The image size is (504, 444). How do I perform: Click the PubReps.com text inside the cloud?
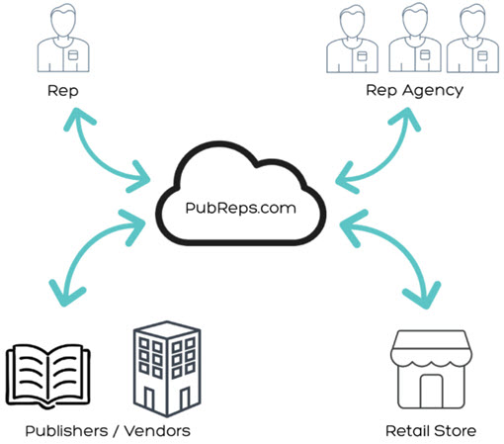pos(240,209)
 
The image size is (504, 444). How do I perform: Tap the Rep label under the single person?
pos(63,91)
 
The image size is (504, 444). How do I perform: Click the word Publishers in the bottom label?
pos(66,431)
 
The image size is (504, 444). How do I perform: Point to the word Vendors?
pos(157,431)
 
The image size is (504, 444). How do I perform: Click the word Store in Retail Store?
pos(455,431)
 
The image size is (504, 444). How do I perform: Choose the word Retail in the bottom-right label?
pos(407,431)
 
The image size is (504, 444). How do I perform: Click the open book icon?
pos(48,377)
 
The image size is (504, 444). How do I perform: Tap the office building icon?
pos(167,368)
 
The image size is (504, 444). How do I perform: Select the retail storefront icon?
pos(431,369)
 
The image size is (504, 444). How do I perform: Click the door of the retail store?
pos(431,392)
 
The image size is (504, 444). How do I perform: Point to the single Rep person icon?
pos(63,38)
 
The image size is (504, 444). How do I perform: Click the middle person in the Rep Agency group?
pos(415,38)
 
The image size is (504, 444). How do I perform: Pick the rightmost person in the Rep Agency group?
pos(472,38)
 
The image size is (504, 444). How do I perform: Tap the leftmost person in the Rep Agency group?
pos(352,38)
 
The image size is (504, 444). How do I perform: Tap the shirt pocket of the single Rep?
pos(73,55)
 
